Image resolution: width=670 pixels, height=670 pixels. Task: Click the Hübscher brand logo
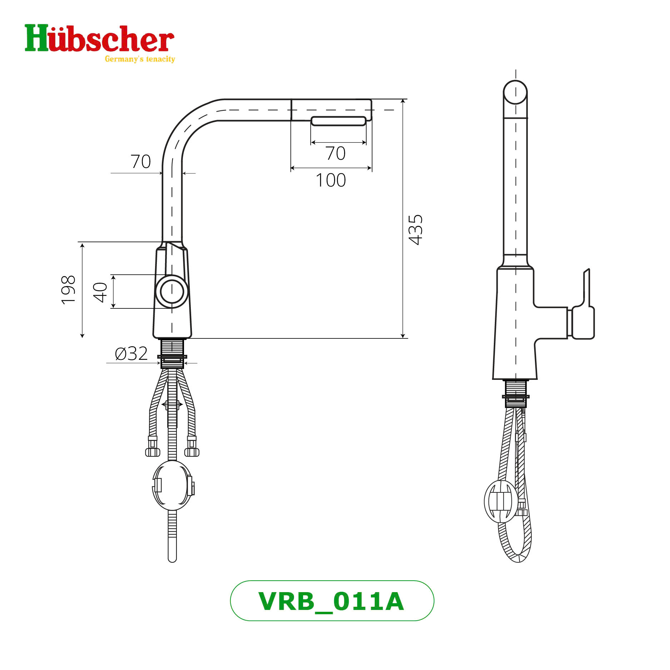tap(99, 39)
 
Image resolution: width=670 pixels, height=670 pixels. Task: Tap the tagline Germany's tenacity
tap(140, 59)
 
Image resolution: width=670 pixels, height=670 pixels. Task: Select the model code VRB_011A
tap(332, 601)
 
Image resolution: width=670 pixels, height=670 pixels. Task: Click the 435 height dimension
tap(416, 229)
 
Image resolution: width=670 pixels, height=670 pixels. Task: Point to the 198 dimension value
tap(68, 290)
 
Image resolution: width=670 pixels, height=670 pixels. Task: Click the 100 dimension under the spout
tap(331, 180)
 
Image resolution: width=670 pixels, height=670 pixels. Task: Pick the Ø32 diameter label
tap(131, 354)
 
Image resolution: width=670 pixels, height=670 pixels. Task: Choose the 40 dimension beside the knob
tap(100, 292)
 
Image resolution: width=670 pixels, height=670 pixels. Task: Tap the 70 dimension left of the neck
tap(140, 162)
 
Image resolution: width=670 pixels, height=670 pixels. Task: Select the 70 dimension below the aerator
tap(335, 153)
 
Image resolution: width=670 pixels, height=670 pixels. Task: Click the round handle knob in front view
tap(172, 291)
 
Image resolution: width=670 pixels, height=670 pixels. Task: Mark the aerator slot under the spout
tap(338, 121)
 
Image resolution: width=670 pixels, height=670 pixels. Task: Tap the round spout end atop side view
tap(515, 92)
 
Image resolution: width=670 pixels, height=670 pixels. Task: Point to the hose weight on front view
tap(172, 485)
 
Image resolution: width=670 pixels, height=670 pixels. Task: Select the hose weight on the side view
tap(501, 502)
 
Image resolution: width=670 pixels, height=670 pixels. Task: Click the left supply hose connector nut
tap(153, 452)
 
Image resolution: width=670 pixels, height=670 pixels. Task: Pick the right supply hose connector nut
tap(192, 452)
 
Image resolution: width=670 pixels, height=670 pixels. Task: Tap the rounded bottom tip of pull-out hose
tap(172, 559)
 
